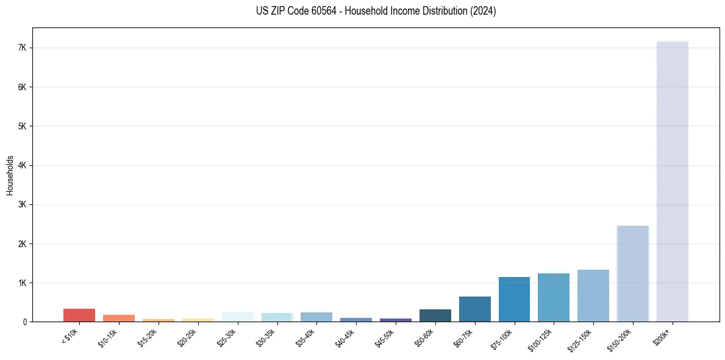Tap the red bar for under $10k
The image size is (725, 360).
79,315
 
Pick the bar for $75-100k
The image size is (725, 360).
514,299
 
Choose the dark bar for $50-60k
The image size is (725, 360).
435,315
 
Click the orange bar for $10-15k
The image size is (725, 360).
118,318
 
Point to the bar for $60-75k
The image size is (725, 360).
474,309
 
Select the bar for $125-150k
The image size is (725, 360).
593,295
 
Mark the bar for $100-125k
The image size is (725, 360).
553,297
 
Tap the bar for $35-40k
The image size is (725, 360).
316,317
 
